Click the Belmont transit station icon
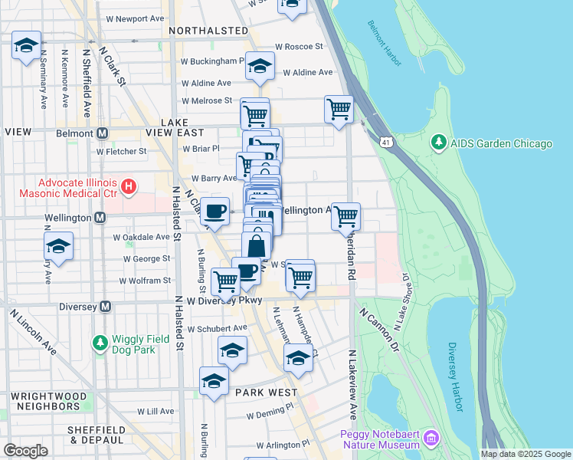(x=101, y=133)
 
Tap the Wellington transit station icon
(x=100, y=219)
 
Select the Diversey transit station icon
(x=106, y=307)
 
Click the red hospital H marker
(x=129, y=186)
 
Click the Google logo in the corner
(x=26, y=450)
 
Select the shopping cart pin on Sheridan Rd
(x=345, y=216)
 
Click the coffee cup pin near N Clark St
(x=215, y=212)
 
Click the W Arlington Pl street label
(x=283, y=445)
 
